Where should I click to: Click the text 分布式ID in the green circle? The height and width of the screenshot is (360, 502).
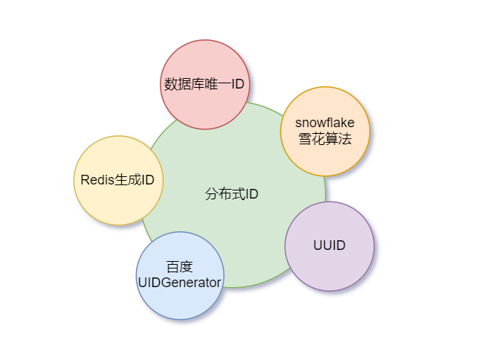click(231, 195)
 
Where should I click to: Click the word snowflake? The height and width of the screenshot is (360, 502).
click(325, 123)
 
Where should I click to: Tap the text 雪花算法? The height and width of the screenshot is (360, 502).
click(325, 138)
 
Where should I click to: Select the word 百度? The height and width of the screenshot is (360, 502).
click(179, 267)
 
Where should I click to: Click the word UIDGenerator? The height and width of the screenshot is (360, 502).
click(179, 283)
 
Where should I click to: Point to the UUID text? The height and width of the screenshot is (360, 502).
click(329, 245)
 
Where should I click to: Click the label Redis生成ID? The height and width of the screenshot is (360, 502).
click(118, 180)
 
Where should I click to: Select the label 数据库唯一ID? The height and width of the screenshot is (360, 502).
click(205, 84)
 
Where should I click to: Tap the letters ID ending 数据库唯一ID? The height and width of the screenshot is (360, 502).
click(236, 84)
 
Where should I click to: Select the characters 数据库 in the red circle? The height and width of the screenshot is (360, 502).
click(183, 84)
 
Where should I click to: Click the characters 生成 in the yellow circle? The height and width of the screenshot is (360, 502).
click(128, 180)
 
